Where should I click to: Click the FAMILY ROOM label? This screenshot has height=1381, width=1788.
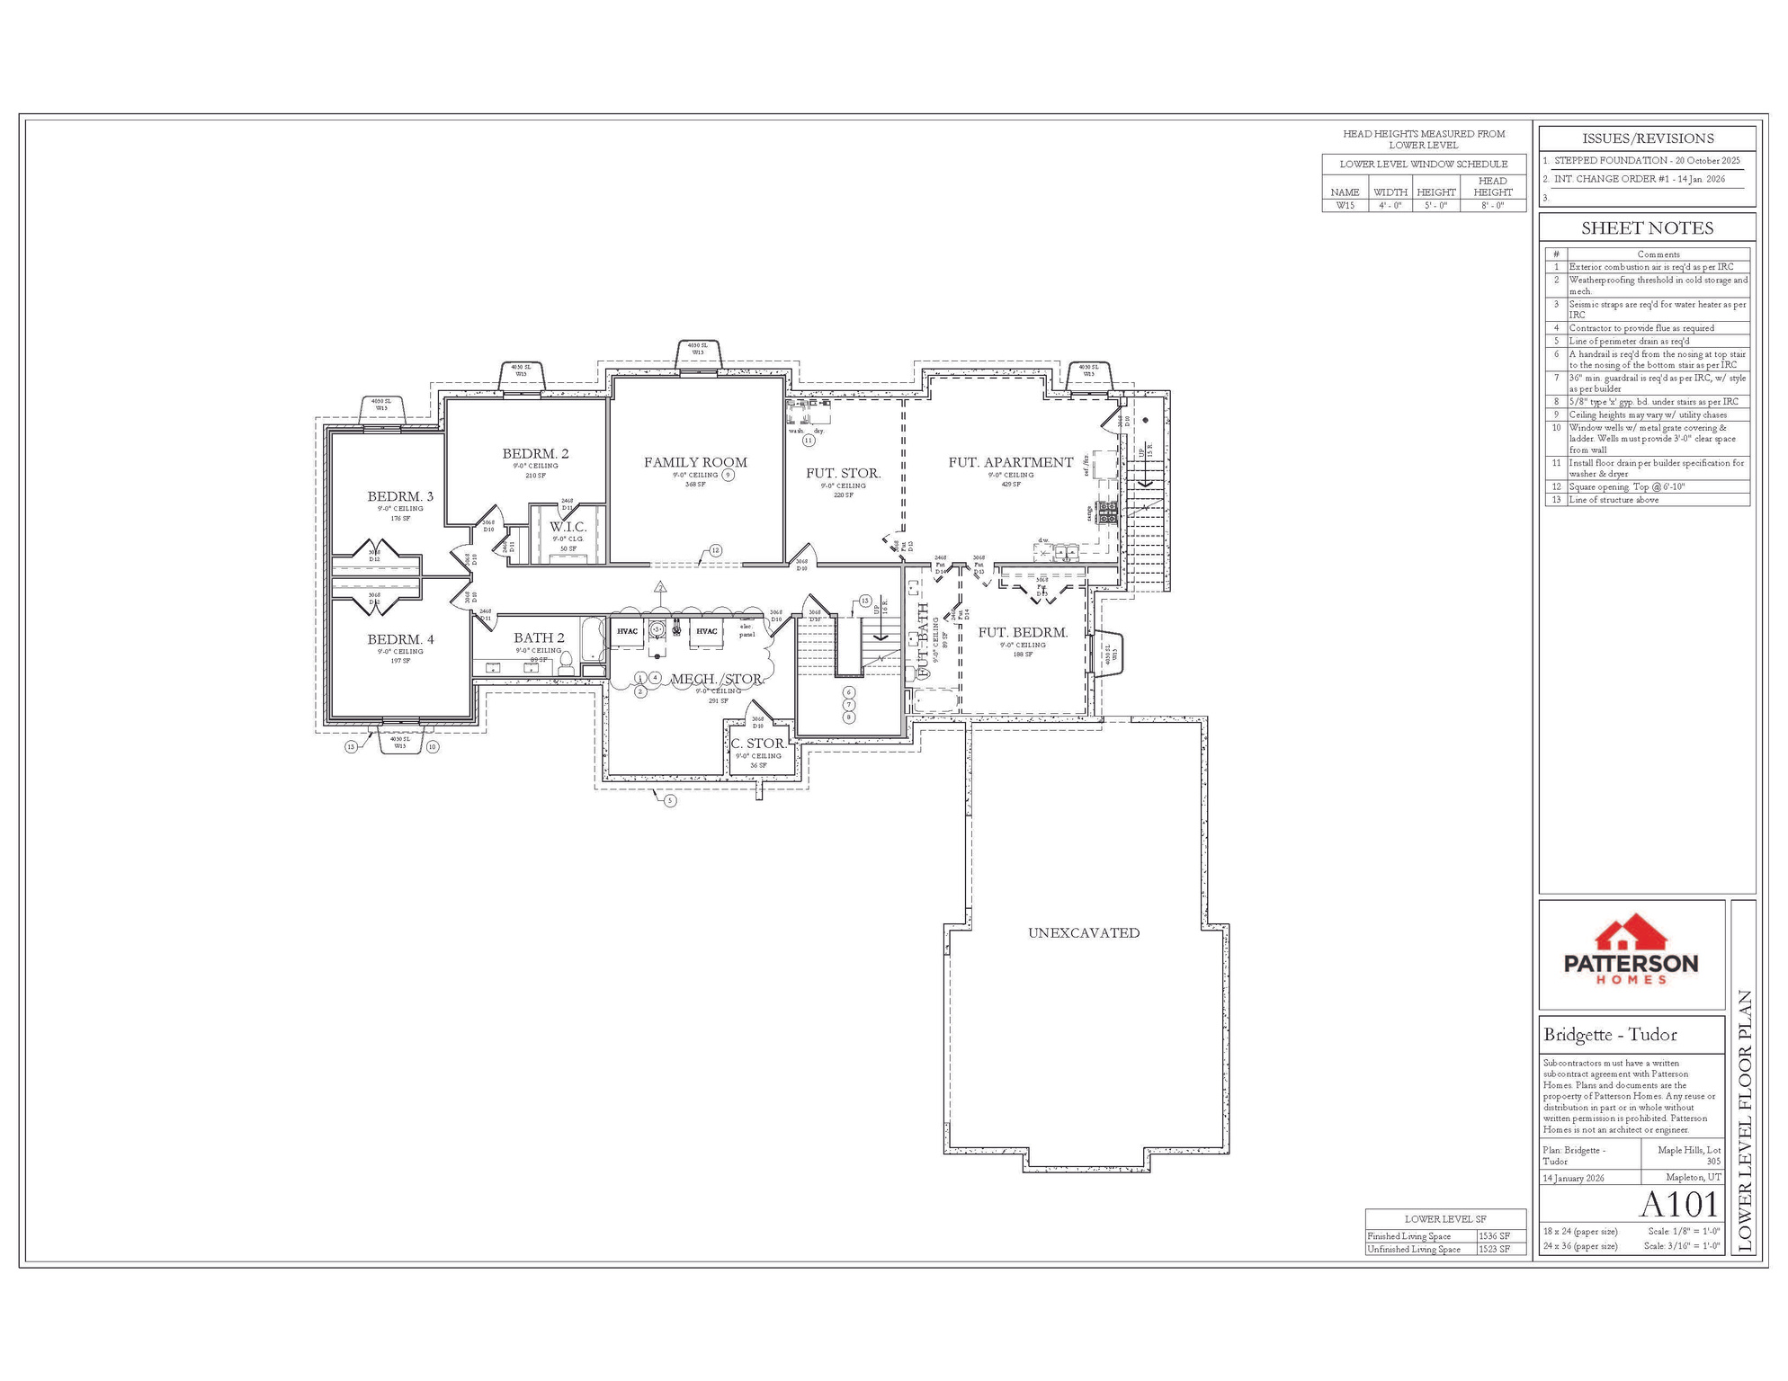point(695,462)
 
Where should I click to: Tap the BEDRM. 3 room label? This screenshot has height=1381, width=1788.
point(400,496)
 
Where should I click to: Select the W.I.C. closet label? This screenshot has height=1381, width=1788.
point(568,527)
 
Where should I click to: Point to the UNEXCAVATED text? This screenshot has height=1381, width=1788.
point(1084,933)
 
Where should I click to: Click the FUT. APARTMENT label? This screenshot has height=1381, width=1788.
point(1011,462)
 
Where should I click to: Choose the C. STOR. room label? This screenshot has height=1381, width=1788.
point(758,744)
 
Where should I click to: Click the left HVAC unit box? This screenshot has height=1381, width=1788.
point(627,631)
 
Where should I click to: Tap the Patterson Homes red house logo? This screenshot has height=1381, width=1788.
point(1632,935)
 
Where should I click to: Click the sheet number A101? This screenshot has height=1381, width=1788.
point(1678,1204)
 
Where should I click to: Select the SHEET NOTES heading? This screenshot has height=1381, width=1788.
point(1647,228)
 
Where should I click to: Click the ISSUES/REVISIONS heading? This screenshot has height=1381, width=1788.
point(1647,138)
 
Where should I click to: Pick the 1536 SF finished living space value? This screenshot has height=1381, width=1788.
point(1494,1236)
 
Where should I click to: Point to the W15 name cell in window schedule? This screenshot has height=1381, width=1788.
point(1345,205)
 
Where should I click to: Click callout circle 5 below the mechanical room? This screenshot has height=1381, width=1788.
point(670,800)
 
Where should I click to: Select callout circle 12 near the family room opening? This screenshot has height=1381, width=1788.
point(716,550)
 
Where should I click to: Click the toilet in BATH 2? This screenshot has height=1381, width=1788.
point(566,664)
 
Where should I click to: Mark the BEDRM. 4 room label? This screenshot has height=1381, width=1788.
point(400,639)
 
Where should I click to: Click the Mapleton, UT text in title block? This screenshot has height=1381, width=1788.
point(1693,1177)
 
